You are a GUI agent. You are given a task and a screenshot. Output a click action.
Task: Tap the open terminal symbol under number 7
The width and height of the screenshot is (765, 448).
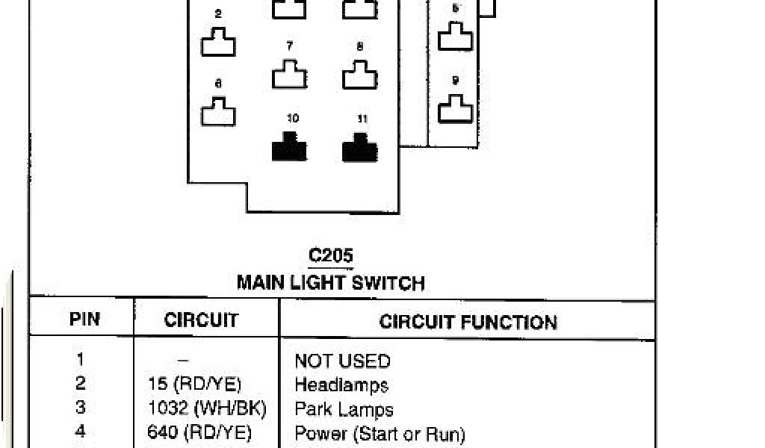coord(289,75)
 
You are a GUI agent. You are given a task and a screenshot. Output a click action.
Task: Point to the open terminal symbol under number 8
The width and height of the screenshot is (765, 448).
coord(360,75)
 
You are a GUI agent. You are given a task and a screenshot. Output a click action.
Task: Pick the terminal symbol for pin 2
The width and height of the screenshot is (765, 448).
coord(218,42)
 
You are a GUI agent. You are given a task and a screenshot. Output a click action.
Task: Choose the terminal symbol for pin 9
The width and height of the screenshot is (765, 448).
coord(455,109)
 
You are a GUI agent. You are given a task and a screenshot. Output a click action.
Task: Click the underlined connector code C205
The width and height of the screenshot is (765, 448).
coord(330,255)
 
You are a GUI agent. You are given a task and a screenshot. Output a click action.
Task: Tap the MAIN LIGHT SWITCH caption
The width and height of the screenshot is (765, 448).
coord(330,283)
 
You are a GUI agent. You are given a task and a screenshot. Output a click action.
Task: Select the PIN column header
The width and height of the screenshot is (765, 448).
coord(84,320)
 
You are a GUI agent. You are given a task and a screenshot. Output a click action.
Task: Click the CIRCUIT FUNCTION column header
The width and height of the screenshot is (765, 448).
coord(468,322)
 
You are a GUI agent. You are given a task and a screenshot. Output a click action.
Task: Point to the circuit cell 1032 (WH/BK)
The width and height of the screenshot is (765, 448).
coord(206,408)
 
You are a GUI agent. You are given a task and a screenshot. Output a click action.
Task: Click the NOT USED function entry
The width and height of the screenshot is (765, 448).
coord(342,361)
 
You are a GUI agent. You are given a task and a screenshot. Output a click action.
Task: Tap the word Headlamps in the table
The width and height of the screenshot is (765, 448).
coord(341,385)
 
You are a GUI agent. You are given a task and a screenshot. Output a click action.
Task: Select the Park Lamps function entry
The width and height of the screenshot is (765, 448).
coord(344,409)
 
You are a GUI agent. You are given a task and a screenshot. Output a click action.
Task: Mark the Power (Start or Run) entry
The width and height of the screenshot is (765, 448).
coord(380,433)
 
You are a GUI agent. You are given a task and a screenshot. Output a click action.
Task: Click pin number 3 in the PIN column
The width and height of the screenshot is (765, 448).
coord(80,408)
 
